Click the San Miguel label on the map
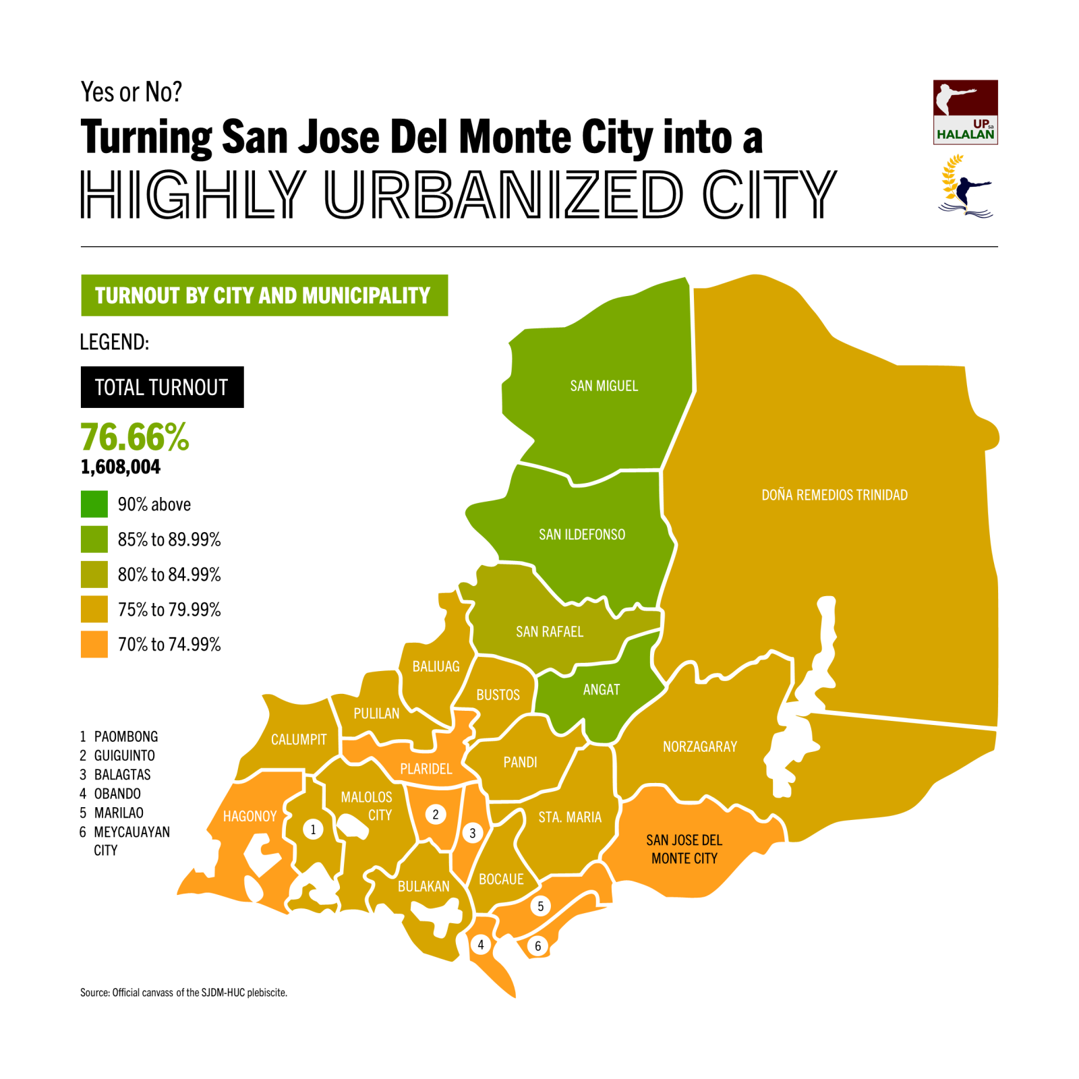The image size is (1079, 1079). click(604, 386)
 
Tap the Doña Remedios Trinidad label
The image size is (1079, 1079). click(834, 495)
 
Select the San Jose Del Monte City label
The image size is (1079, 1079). click(684, 849)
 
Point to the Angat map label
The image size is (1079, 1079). click(601, 689)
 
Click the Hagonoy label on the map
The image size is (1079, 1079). click(250, 816)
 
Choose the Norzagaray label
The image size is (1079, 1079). click(699, 747)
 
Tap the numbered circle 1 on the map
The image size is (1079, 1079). click(313, 829)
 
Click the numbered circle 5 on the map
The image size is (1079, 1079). click(540, 906)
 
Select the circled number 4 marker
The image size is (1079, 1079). click(481, 944)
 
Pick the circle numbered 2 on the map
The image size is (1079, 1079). click(436, 814)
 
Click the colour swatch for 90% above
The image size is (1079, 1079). click(94, 504)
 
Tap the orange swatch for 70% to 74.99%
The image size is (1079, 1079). click(94, 644)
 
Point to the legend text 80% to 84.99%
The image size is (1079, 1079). click(169, 575)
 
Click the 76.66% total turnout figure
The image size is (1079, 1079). click(135, 437)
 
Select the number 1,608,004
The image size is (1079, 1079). click(121, 467)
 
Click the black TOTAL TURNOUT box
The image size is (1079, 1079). click(162, 387)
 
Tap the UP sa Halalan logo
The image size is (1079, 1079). click(965, 112)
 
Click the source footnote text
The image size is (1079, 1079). click(183, 992)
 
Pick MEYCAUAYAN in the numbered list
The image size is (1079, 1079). click(132, 832)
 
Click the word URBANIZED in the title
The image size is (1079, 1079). click(504, 194)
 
